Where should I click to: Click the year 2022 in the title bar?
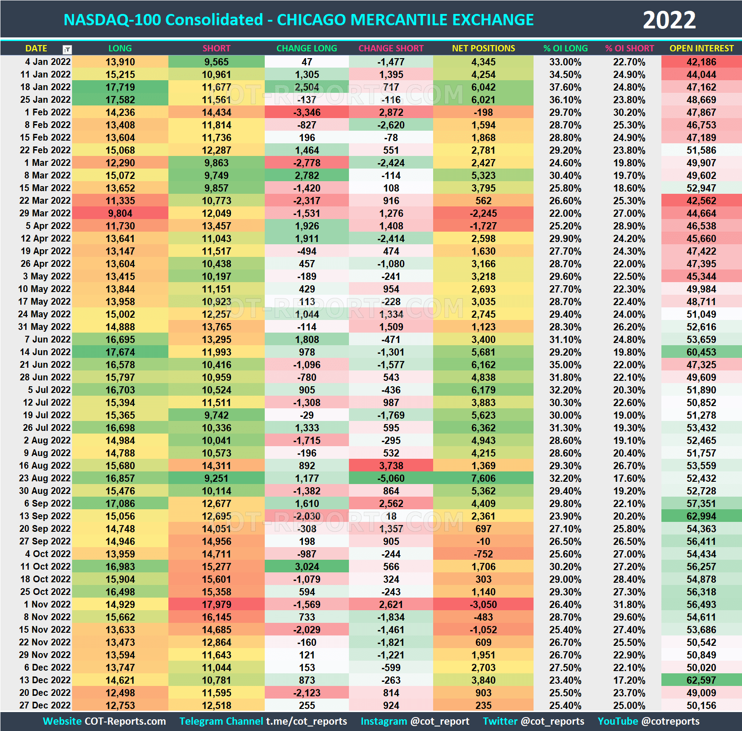click(x=669, y=20)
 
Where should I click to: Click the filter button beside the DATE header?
click(x=67, y=49)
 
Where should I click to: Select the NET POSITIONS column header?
click(x=483, y=48)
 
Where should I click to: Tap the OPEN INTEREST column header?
click(x=701, y=48)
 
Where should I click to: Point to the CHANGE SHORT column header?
click(x=391, y=48)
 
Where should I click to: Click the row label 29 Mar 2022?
click(x=45, y=213)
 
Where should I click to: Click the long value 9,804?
click(x=120, y=213)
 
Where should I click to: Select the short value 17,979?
click(x=217, y=604)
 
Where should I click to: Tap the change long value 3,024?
click(x=307, y=567)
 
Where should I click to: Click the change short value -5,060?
click(x=391, y=478)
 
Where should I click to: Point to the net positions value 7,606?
click(x=483, y=478)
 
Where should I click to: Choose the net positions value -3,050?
click(x=483, y=604)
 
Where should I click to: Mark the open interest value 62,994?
click(x=701, y=516)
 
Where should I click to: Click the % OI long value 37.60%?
click(x=565, y=87)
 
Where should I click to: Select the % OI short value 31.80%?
click(x=629, y=604)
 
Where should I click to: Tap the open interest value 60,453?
click(x=701, y=352)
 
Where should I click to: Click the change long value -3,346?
click(x=307, y=112)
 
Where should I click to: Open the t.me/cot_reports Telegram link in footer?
click(x=306, y=721)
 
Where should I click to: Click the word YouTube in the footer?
click(x=618, y=721)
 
